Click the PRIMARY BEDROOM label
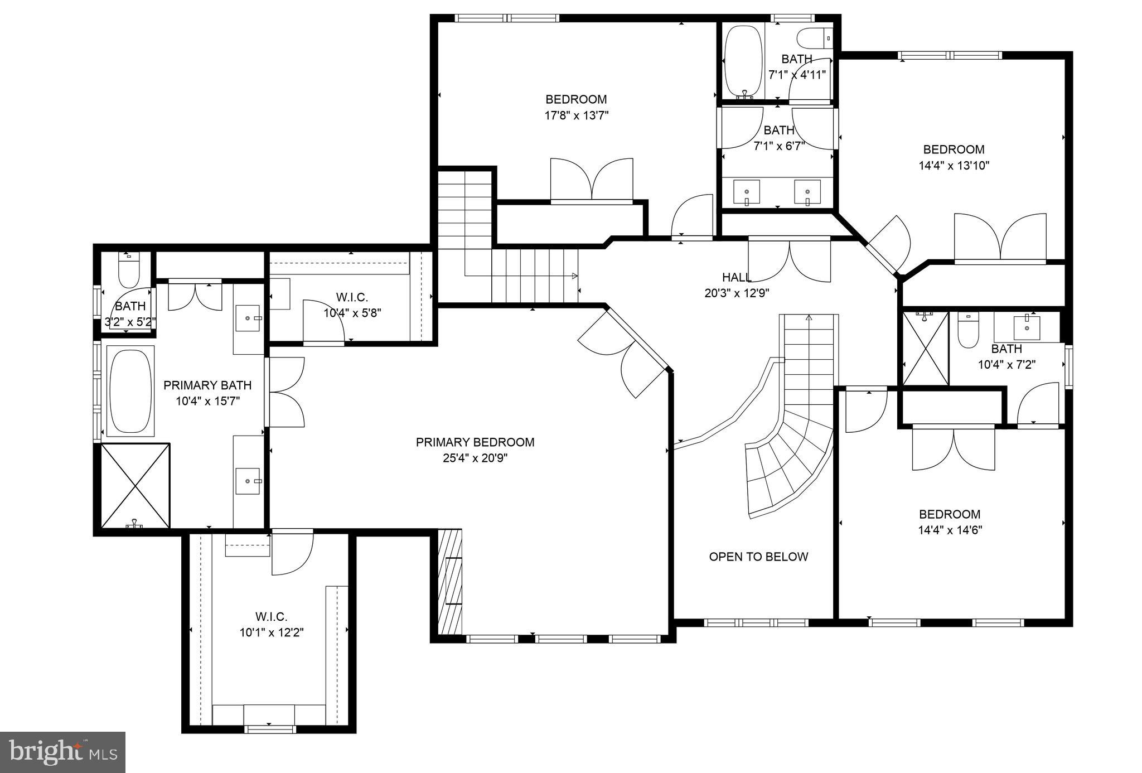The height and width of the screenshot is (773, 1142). (x=475, y=442)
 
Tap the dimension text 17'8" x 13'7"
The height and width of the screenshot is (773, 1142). (x=576, y=115)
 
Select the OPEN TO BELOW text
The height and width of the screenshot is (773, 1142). (x=758, y=557)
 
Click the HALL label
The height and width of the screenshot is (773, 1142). (x=736, y=277)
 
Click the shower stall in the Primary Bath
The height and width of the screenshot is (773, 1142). (x=136, y=485)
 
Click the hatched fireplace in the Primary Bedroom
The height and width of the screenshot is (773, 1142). (x=450, y=581)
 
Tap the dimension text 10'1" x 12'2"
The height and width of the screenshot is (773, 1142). (x=272, y=632)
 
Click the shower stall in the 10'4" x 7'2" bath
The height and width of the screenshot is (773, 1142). (x=925, y=349)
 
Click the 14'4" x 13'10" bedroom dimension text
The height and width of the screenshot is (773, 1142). (x=954, y=166)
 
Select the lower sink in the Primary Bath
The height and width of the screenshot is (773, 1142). (x=248, y=481)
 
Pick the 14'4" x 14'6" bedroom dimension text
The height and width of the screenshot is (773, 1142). (x=950, y=530)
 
